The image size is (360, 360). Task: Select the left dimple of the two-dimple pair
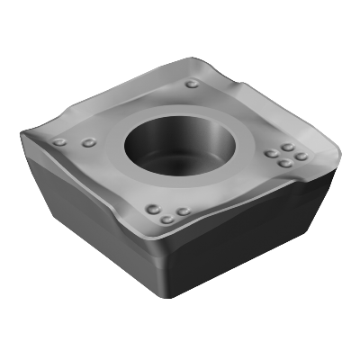click(60, 142)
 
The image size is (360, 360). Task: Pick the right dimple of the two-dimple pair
click(87, 142)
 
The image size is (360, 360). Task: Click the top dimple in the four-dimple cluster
click(288, 146)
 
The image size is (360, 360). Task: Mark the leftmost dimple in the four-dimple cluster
click(270, 154)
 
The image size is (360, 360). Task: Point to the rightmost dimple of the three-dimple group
click(183, 212)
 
